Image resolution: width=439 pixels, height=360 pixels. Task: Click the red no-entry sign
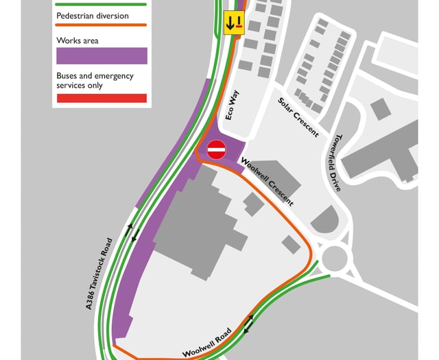[216, 149]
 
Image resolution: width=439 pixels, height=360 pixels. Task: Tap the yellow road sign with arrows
[234, 23]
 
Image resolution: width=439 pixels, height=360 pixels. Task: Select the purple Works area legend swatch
[101, 56]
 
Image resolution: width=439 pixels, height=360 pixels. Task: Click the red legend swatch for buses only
[101, 98]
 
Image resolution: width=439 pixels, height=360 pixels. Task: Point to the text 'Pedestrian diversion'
[93, 16]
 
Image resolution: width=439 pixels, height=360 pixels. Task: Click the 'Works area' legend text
[77, 41]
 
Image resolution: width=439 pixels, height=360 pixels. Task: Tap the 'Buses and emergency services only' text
[95, 81]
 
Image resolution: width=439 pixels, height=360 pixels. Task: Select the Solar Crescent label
[298, 117]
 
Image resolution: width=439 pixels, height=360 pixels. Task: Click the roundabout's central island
[334, 259]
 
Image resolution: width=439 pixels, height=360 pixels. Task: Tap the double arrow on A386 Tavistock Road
[134, 232]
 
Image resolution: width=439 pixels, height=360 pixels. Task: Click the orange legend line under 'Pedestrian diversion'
[101, 26]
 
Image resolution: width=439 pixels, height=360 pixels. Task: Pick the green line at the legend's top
[101, 4]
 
